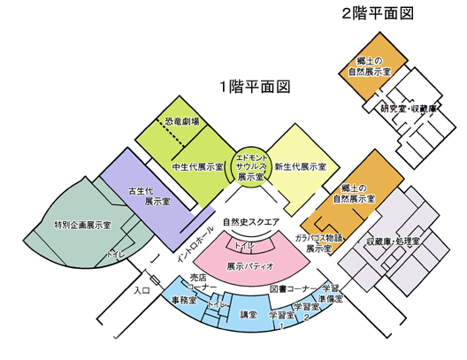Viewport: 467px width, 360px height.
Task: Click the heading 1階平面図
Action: [x=255, y=87]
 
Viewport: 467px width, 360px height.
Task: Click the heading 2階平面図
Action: [x=378, y=13]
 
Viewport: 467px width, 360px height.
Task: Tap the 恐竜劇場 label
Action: [x=182, y=121]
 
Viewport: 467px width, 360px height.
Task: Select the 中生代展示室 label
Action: [x=197, y=167]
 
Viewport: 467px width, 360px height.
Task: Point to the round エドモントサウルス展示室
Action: [x=250, y=167]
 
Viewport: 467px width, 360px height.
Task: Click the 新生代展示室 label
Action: [x=300, y=167]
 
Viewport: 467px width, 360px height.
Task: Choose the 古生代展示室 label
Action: [x=149, y=196]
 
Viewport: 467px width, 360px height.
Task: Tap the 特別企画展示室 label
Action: [x=82, y=226]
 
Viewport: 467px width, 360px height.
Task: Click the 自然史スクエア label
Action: [x=251, y=222]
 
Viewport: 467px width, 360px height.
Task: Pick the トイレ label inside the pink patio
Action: [x=245, y=246]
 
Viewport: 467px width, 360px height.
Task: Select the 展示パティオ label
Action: [x=250, y=266]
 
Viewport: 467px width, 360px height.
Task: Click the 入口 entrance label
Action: [x=142, y=290]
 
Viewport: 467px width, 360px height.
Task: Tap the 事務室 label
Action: [x=184, y=300]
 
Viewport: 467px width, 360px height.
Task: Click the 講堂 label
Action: [x=249, y=315]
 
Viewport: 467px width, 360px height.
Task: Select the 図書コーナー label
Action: [x=294, y=288]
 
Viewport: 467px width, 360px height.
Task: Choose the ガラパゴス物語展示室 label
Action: [x=318, y=243]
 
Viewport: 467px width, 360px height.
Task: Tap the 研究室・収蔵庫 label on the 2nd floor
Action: [x=409, y=109]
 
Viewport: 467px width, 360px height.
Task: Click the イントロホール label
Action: [x=195, y=244]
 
